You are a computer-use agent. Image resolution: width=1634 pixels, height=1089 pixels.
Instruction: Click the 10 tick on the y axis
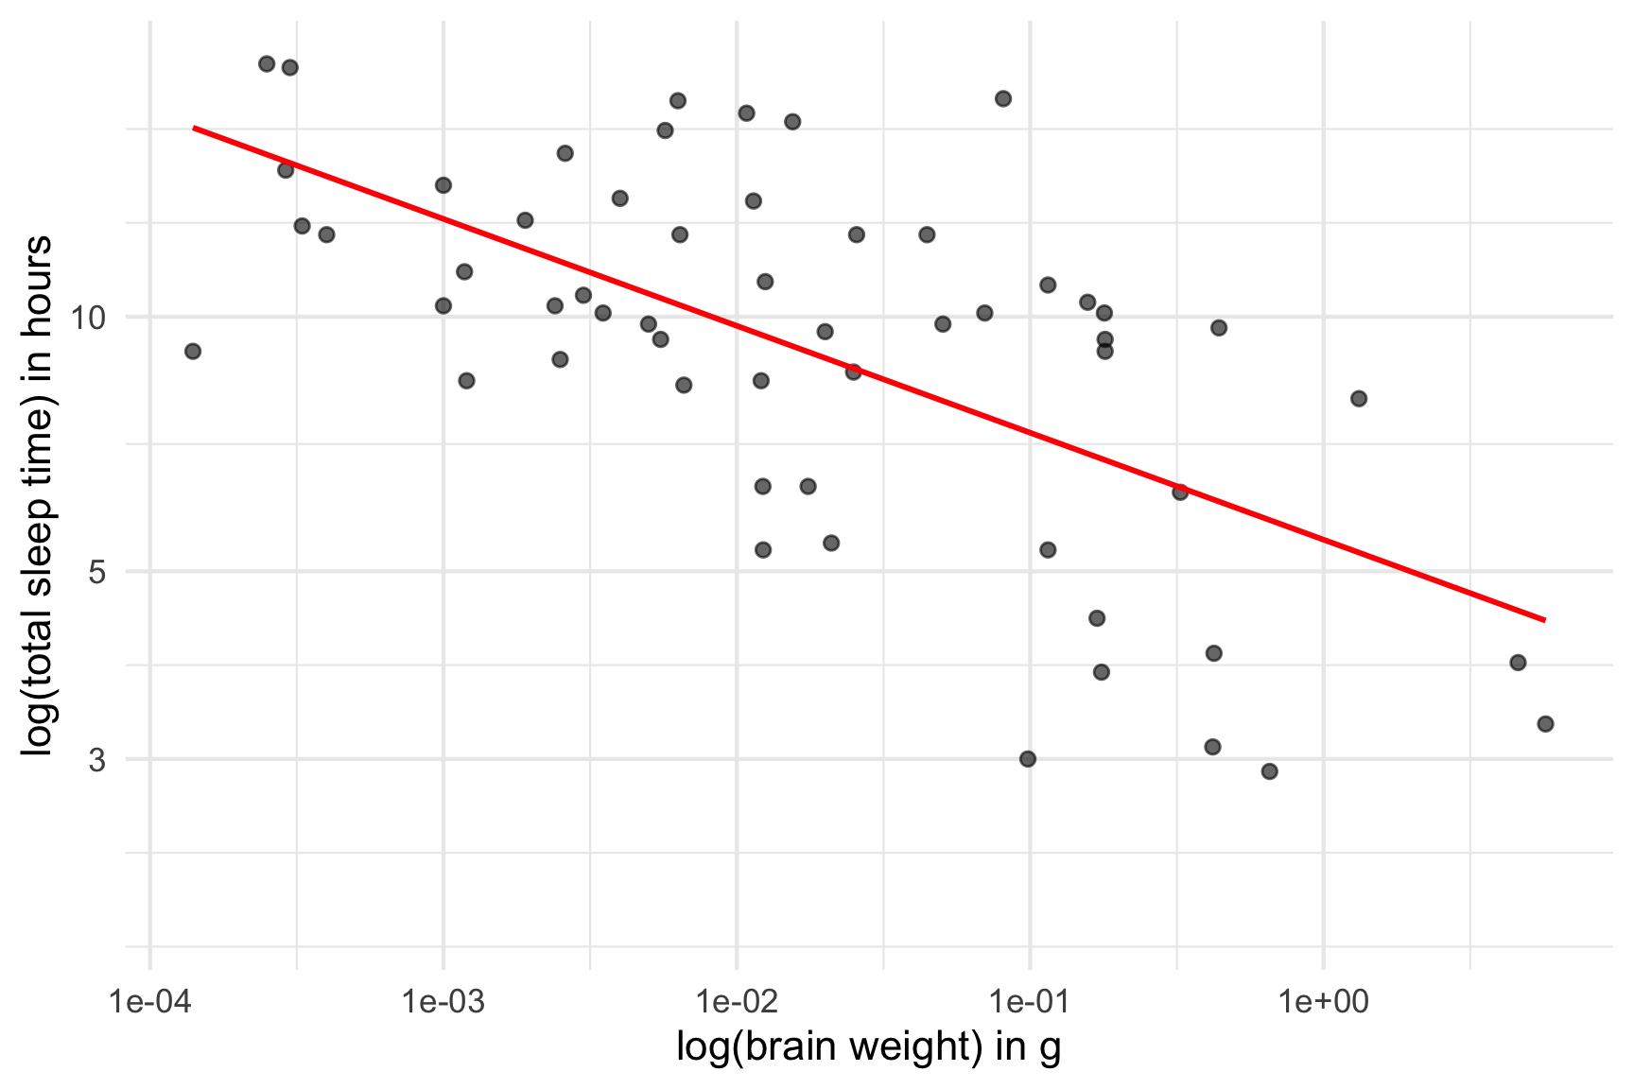(91, 318)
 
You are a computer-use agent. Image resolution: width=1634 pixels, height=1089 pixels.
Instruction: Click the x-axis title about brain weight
(868, 1047)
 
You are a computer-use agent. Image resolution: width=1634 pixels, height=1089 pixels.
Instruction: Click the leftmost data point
(193, 352)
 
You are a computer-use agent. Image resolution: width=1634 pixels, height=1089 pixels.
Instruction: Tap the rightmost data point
(1545, 724)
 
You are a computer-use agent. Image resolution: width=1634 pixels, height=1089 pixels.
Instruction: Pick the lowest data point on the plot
(1269, 771)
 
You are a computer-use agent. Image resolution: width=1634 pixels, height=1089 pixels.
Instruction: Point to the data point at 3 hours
(1028, 759)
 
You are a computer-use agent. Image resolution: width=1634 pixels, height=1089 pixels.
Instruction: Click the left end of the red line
(194, 127)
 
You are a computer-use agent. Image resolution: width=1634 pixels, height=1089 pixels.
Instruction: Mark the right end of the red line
(1544, 620)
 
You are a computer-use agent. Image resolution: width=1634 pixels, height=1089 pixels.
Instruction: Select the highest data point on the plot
(267, 64)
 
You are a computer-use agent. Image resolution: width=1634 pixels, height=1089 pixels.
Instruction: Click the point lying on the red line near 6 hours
(1179, 493)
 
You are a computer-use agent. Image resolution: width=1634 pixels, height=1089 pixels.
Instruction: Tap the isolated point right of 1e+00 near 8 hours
(1359, 399)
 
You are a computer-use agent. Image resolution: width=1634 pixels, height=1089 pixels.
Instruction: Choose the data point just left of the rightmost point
(1518, 663)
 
